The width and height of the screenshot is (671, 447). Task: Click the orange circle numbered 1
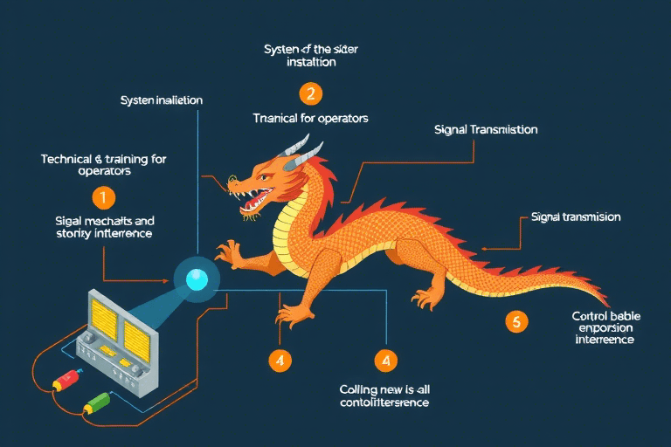click(103, 197)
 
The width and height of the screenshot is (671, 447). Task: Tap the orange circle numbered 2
click(310, 93)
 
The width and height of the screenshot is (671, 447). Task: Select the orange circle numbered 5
click(516, 321)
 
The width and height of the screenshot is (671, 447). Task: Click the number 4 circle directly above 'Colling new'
click(385, 359)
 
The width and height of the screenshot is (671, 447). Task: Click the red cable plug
click(66, 382)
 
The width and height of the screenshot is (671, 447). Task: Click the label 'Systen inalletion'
click(161, 100)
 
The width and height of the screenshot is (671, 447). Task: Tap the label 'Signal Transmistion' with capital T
click(486, 129)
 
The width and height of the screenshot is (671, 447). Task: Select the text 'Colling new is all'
click(384, 389)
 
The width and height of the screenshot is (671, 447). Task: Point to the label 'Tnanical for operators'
click(310, 118)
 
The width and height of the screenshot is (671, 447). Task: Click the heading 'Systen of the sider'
click(311, 49)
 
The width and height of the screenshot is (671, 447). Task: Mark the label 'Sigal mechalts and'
click(104, 221)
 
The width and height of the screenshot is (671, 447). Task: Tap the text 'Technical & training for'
click(104, 159)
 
